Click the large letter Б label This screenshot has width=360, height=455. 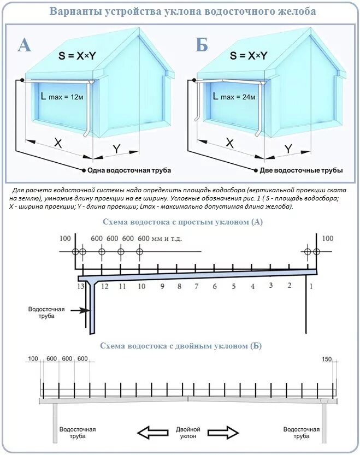tap(201, 45)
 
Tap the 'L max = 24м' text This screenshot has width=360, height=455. tap(234, 97)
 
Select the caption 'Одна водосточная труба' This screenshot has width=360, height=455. tap(129, 170)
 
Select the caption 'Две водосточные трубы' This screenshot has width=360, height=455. tap(301, 170)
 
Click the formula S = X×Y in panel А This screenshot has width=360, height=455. tap(77, 56)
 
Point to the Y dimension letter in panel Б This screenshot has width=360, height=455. tap(288, 149)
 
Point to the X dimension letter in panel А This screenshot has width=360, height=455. tap(58, 144)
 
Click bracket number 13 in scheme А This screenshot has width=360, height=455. tap(81, 286)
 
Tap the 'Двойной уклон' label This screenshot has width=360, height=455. tap(188, 433)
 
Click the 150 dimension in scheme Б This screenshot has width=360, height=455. tap(327, 358)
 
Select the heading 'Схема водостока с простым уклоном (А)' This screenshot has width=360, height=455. tap(182, 222)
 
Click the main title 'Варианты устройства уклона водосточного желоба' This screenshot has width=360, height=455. tap(182, 11)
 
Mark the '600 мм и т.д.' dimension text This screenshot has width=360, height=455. tap(160, 239)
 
